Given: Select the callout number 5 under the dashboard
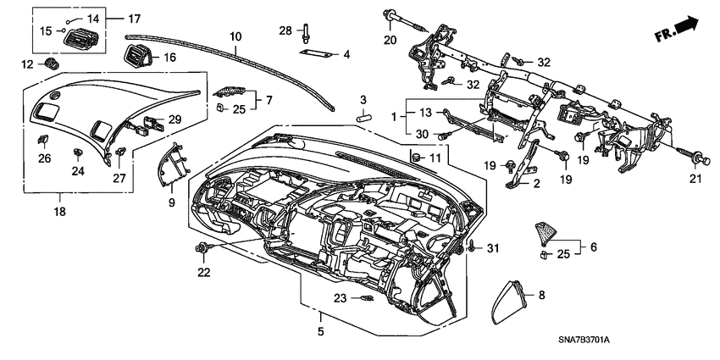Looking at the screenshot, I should pyautogui.click(x=320, y=331).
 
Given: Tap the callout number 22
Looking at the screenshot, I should pyautogui.click(x=203, y=272).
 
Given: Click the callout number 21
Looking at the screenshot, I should pyautogui.click(x=696, y=178).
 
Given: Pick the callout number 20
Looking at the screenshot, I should pyautogui.click(x=390, y=40).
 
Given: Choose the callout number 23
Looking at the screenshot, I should pyautogui.click(x=341, y=297).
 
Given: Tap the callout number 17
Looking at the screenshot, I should pyautogui.click(x=134, y=18).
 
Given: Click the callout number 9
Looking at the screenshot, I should pyautogui.click(x=171, y=202).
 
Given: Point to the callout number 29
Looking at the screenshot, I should pyautogui.click(x=174, y=119).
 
